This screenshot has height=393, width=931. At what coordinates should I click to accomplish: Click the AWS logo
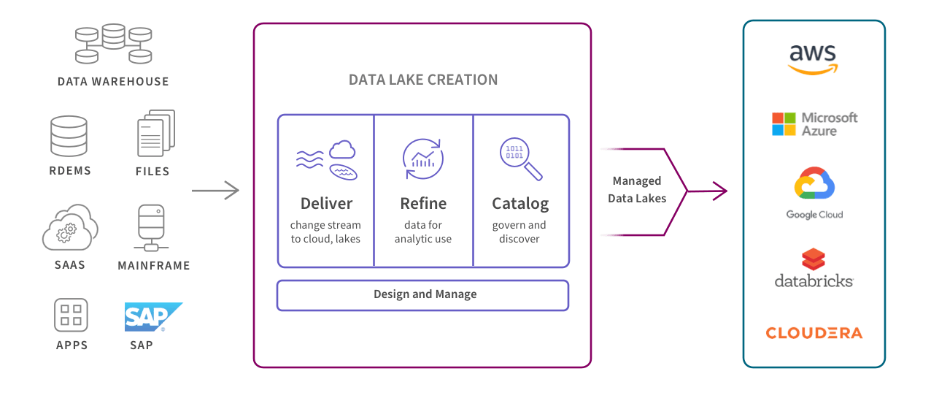point(813,59)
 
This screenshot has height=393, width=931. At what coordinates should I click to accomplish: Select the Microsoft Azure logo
point(814,124)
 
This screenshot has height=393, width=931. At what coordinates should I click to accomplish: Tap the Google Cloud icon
point(814,183)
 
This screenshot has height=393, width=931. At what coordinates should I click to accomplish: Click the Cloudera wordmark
point(814,333)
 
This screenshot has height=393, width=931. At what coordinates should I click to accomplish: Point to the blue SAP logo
point(153,317)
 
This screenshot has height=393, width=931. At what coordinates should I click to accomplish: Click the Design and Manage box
point(422,295)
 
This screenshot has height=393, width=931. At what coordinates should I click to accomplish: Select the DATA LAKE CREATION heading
point(423,80)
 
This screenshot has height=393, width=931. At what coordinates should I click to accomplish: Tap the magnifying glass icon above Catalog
point(521,159)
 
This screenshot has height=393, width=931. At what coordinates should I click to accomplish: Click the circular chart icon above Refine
point(422,159)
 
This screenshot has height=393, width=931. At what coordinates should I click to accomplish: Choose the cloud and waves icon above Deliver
point(327,160)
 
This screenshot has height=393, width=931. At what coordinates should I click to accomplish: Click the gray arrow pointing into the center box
point(215,191)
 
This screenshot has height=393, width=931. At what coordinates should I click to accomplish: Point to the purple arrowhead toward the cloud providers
point(720,191)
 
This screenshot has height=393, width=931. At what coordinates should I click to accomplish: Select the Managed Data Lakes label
point(637,189)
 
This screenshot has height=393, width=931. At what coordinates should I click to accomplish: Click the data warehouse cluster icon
point(113,44)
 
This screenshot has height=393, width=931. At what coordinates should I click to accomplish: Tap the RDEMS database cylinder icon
point(69,136)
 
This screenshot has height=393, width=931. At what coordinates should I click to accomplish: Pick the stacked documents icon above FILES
point(156,133)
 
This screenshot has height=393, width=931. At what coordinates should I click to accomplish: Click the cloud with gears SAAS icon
point(70,227)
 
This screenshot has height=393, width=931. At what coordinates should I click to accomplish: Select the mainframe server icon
point(151,228)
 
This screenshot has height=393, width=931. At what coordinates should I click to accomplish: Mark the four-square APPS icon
point(71,315)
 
